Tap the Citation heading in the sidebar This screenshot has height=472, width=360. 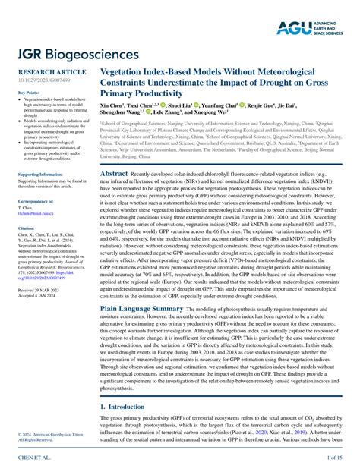[x=27, y=228]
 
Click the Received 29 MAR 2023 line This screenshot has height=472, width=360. [x=41, y=291]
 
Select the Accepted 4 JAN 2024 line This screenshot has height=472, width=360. [x=38, y=297]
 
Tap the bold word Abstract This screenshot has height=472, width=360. [x=115, y=174]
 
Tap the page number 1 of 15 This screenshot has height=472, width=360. [x=334, y=459]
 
